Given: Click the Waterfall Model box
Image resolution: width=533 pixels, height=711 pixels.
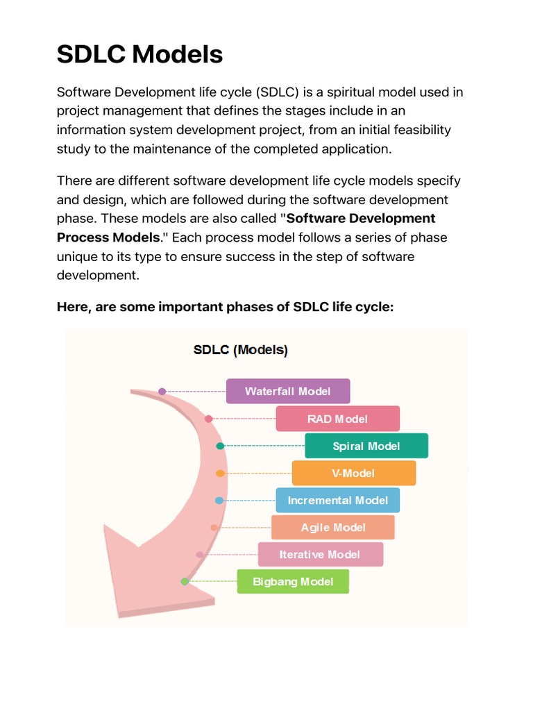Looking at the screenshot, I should (288, 392).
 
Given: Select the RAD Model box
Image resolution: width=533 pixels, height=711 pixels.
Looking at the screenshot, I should (337, 419).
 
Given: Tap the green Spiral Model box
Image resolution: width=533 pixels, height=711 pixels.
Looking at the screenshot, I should (366, 446).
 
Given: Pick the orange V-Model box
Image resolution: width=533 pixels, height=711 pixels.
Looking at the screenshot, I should (353, 473).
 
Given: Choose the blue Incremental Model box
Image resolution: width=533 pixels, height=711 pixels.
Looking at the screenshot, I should (337, 500).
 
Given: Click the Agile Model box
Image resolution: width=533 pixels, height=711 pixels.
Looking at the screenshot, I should (332, 527).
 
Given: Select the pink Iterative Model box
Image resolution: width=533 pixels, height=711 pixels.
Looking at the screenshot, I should (320, 554).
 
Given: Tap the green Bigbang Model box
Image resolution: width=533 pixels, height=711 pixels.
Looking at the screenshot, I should (293, 581).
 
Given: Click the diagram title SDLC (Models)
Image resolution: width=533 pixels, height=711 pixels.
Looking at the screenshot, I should (240, 350).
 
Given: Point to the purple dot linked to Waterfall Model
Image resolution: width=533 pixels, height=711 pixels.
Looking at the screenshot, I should (162, 392).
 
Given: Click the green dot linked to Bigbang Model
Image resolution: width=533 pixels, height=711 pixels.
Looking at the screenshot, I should (185, 581).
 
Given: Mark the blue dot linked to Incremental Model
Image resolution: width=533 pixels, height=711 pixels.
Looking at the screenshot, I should (219, 500).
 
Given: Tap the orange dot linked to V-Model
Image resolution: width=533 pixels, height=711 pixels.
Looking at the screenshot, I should (220, 473).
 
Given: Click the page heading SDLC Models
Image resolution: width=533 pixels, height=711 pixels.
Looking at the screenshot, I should (139, 53).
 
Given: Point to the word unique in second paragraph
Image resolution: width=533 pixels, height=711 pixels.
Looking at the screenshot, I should (76, 256).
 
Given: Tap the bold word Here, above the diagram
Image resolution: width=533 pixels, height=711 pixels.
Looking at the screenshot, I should (72, 306).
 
